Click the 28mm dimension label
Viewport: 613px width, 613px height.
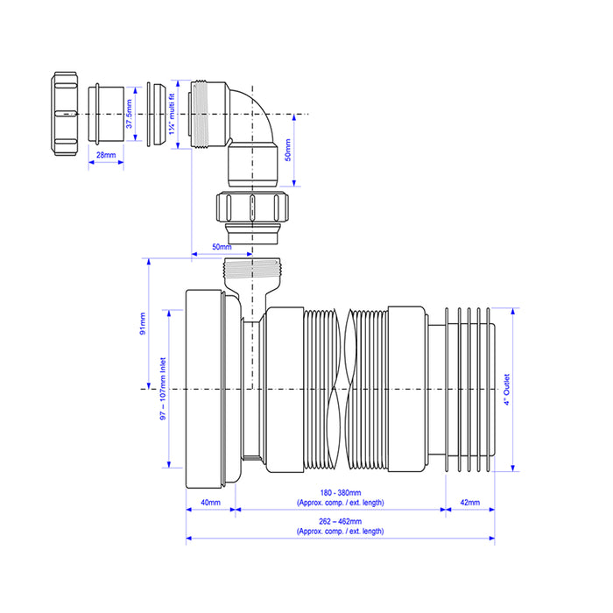(x=106, y=155)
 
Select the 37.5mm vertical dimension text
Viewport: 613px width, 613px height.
(x=129, y=114)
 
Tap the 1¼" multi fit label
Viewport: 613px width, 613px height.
(x=172, y=114)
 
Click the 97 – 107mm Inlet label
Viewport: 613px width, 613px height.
(x=163, y=389)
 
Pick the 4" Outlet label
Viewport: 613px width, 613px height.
(x=507, y=390)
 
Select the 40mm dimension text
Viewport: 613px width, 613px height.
(x=210, y=503)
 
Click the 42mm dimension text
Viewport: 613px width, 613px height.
(x=470, y=503)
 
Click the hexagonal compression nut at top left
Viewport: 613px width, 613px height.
(x=65, y=114)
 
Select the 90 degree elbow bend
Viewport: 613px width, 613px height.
(x=234, y=134)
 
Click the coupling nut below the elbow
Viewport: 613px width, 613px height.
(x=252, y=217)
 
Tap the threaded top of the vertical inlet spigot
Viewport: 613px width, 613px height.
(x=252, y=269)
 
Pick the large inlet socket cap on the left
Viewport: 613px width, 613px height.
(x=213, y=389)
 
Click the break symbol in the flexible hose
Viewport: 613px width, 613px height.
(x=344, y=389)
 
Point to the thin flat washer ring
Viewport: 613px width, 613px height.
(x=149, y=114)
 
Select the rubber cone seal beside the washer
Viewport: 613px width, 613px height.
(x=159, y=114)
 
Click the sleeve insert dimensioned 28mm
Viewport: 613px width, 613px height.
(x=106, y=114)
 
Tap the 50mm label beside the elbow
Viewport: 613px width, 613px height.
(x=288, y=150)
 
